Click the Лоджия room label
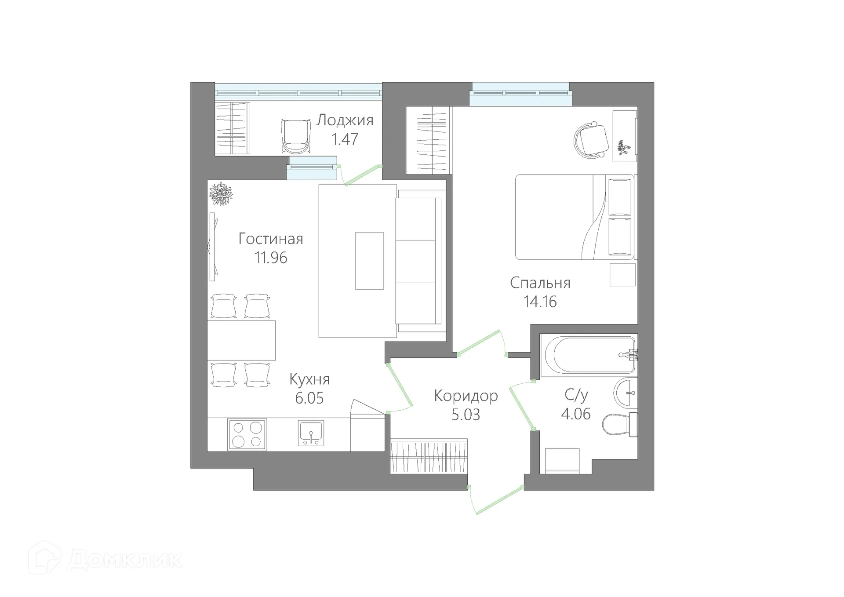pos(345,120)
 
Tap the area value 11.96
pos(270,258)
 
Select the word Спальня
pos(540,283)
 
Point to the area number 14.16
pos(540,302)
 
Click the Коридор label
pos(466,396)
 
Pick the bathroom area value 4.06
pos(576,414)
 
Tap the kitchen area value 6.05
pos(309,398)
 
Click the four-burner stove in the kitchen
pos(247,434)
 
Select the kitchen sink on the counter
pos(311,433)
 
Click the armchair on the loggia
pos(295,136)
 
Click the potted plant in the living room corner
pos(221,194)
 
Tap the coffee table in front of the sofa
pos(369,261)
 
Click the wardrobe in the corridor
pos(429,456)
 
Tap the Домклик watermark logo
pos(105,559)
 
